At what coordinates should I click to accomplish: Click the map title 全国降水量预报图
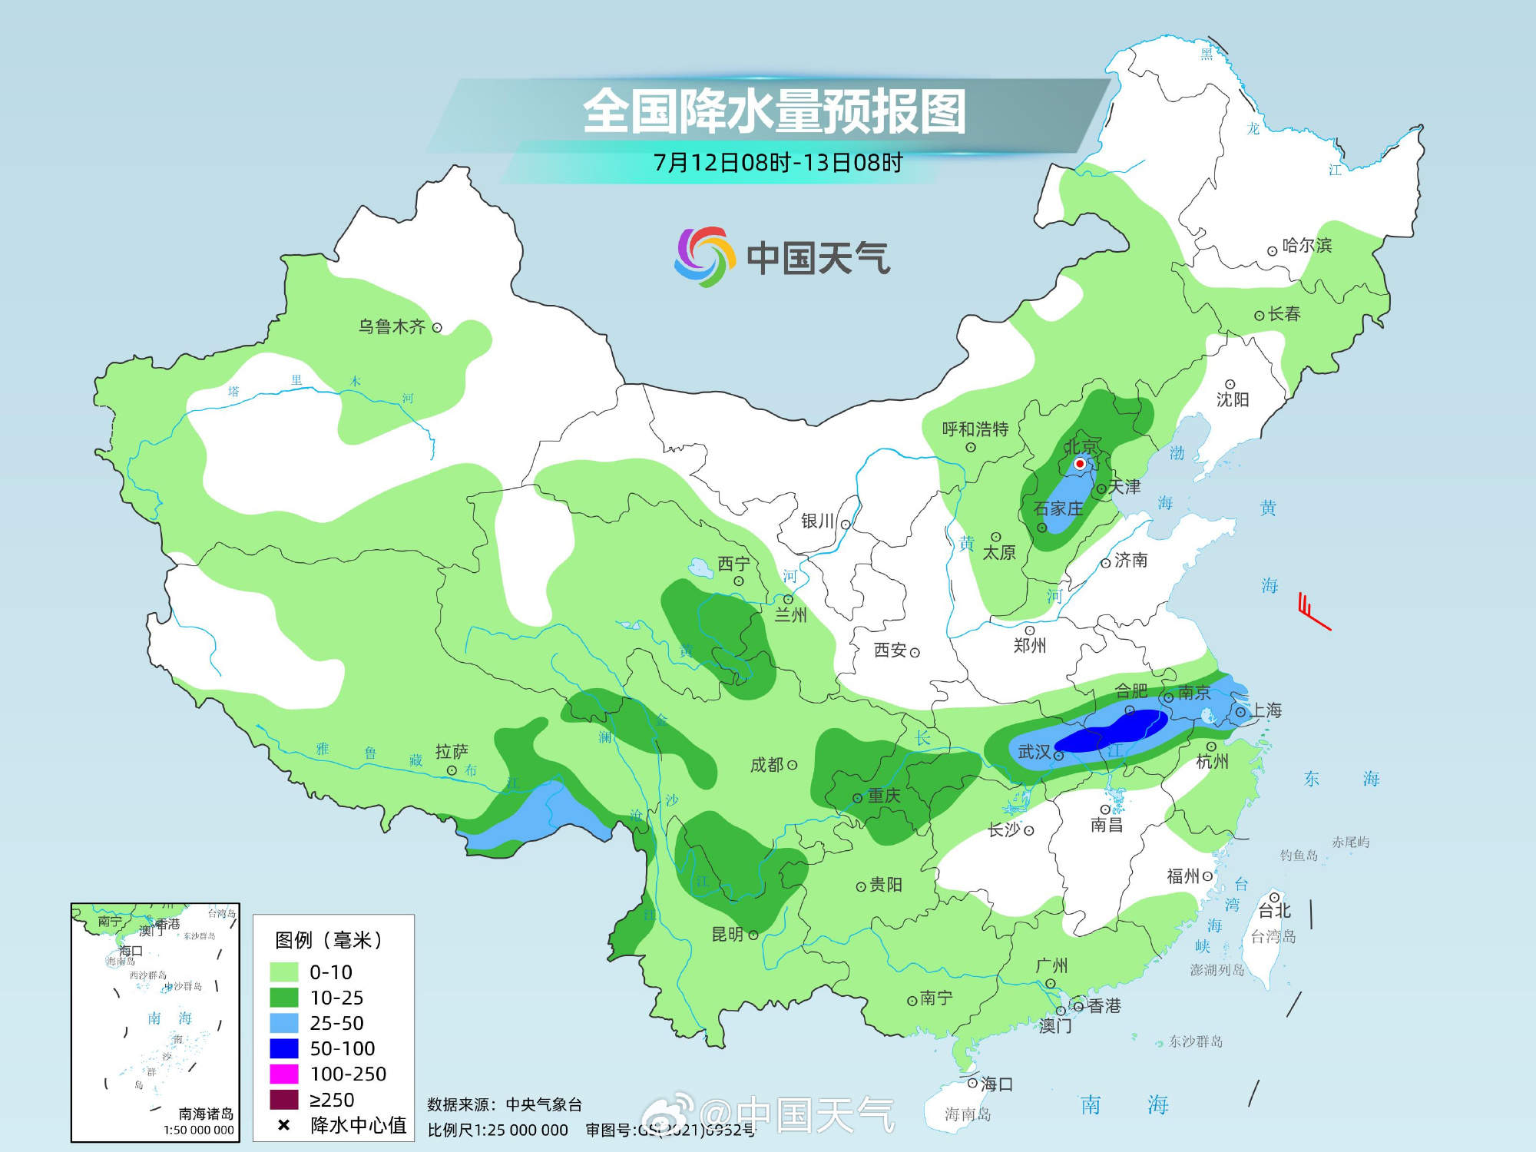coord(773,112)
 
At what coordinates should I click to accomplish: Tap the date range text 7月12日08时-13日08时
coord(777,163)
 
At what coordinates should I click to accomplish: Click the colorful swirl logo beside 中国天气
coord(700,257)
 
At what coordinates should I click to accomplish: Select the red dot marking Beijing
coord(1080,464)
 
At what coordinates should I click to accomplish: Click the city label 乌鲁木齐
coord(392,326)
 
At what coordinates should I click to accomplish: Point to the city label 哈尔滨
coord(1307,246)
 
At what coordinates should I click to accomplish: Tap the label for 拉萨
coord(452,752)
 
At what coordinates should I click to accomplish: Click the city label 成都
coord(766,765)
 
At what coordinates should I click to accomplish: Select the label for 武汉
coord(1034,752)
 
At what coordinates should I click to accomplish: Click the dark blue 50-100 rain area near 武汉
coord(1114,730)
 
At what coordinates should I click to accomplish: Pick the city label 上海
coord(1266,710)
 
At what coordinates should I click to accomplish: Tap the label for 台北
coord(1274,911)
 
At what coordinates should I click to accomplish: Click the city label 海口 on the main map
coord(997,1084)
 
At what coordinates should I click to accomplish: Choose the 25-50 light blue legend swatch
coord(283,1023)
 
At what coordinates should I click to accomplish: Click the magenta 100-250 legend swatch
coord(283,1074)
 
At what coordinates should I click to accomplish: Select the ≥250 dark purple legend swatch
coord(283,1100)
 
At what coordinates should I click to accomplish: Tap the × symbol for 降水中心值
coord(283,1126)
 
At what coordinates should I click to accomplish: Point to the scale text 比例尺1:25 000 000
coord(498,1130)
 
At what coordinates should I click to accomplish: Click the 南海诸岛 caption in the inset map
coord(206,1114)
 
